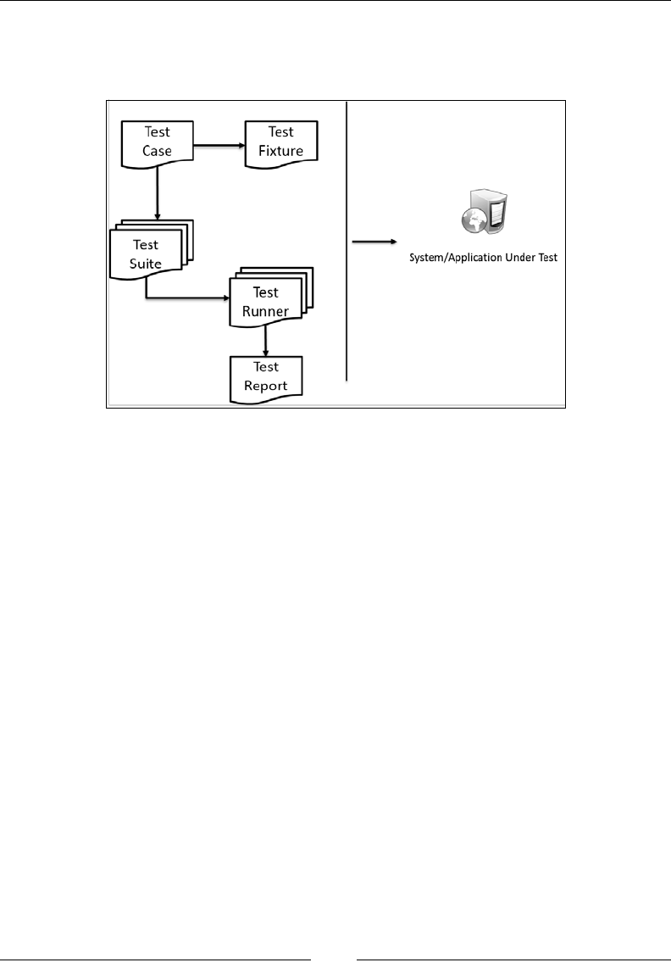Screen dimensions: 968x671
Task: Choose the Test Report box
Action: coord(266,376)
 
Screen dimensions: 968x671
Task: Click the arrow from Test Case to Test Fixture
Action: coord(219,145)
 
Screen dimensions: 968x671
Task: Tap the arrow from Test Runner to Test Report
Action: coord(266,342)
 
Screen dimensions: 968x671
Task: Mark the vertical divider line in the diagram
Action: coord(347,242)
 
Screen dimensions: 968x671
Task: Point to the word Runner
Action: coord(266,310)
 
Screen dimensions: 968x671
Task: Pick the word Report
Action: coord(266,386)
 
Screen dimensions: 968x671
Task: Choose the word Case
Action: coord(158,152)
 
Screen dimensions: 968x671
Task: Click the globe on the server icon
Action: coord(473,221)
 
